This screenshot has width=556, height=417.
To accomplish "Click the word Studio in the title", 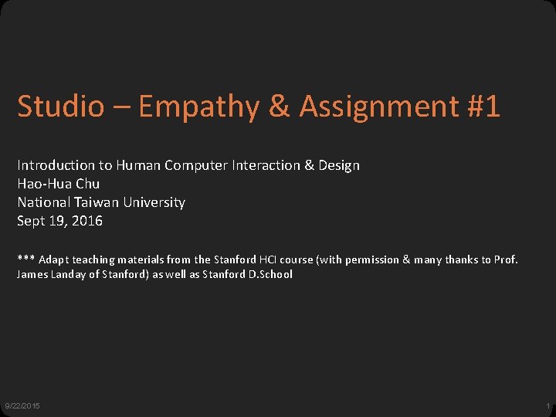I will pos(60,107).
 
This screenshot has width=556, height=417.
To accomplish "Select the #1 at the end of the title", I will pos(483,107).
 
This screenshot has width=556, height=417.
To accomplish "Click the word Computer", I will pos(195,165).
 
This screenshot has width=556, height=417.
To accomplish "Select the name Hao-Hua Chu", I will pos(59,184).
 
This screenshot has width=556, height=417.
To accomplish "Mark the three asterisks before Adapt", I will pos(25,259).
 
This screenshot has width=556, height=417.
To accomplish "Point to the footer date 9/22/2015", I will pos(23,406).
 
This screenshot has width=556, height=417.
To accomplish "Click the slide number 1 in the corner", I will pos(548,406).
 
